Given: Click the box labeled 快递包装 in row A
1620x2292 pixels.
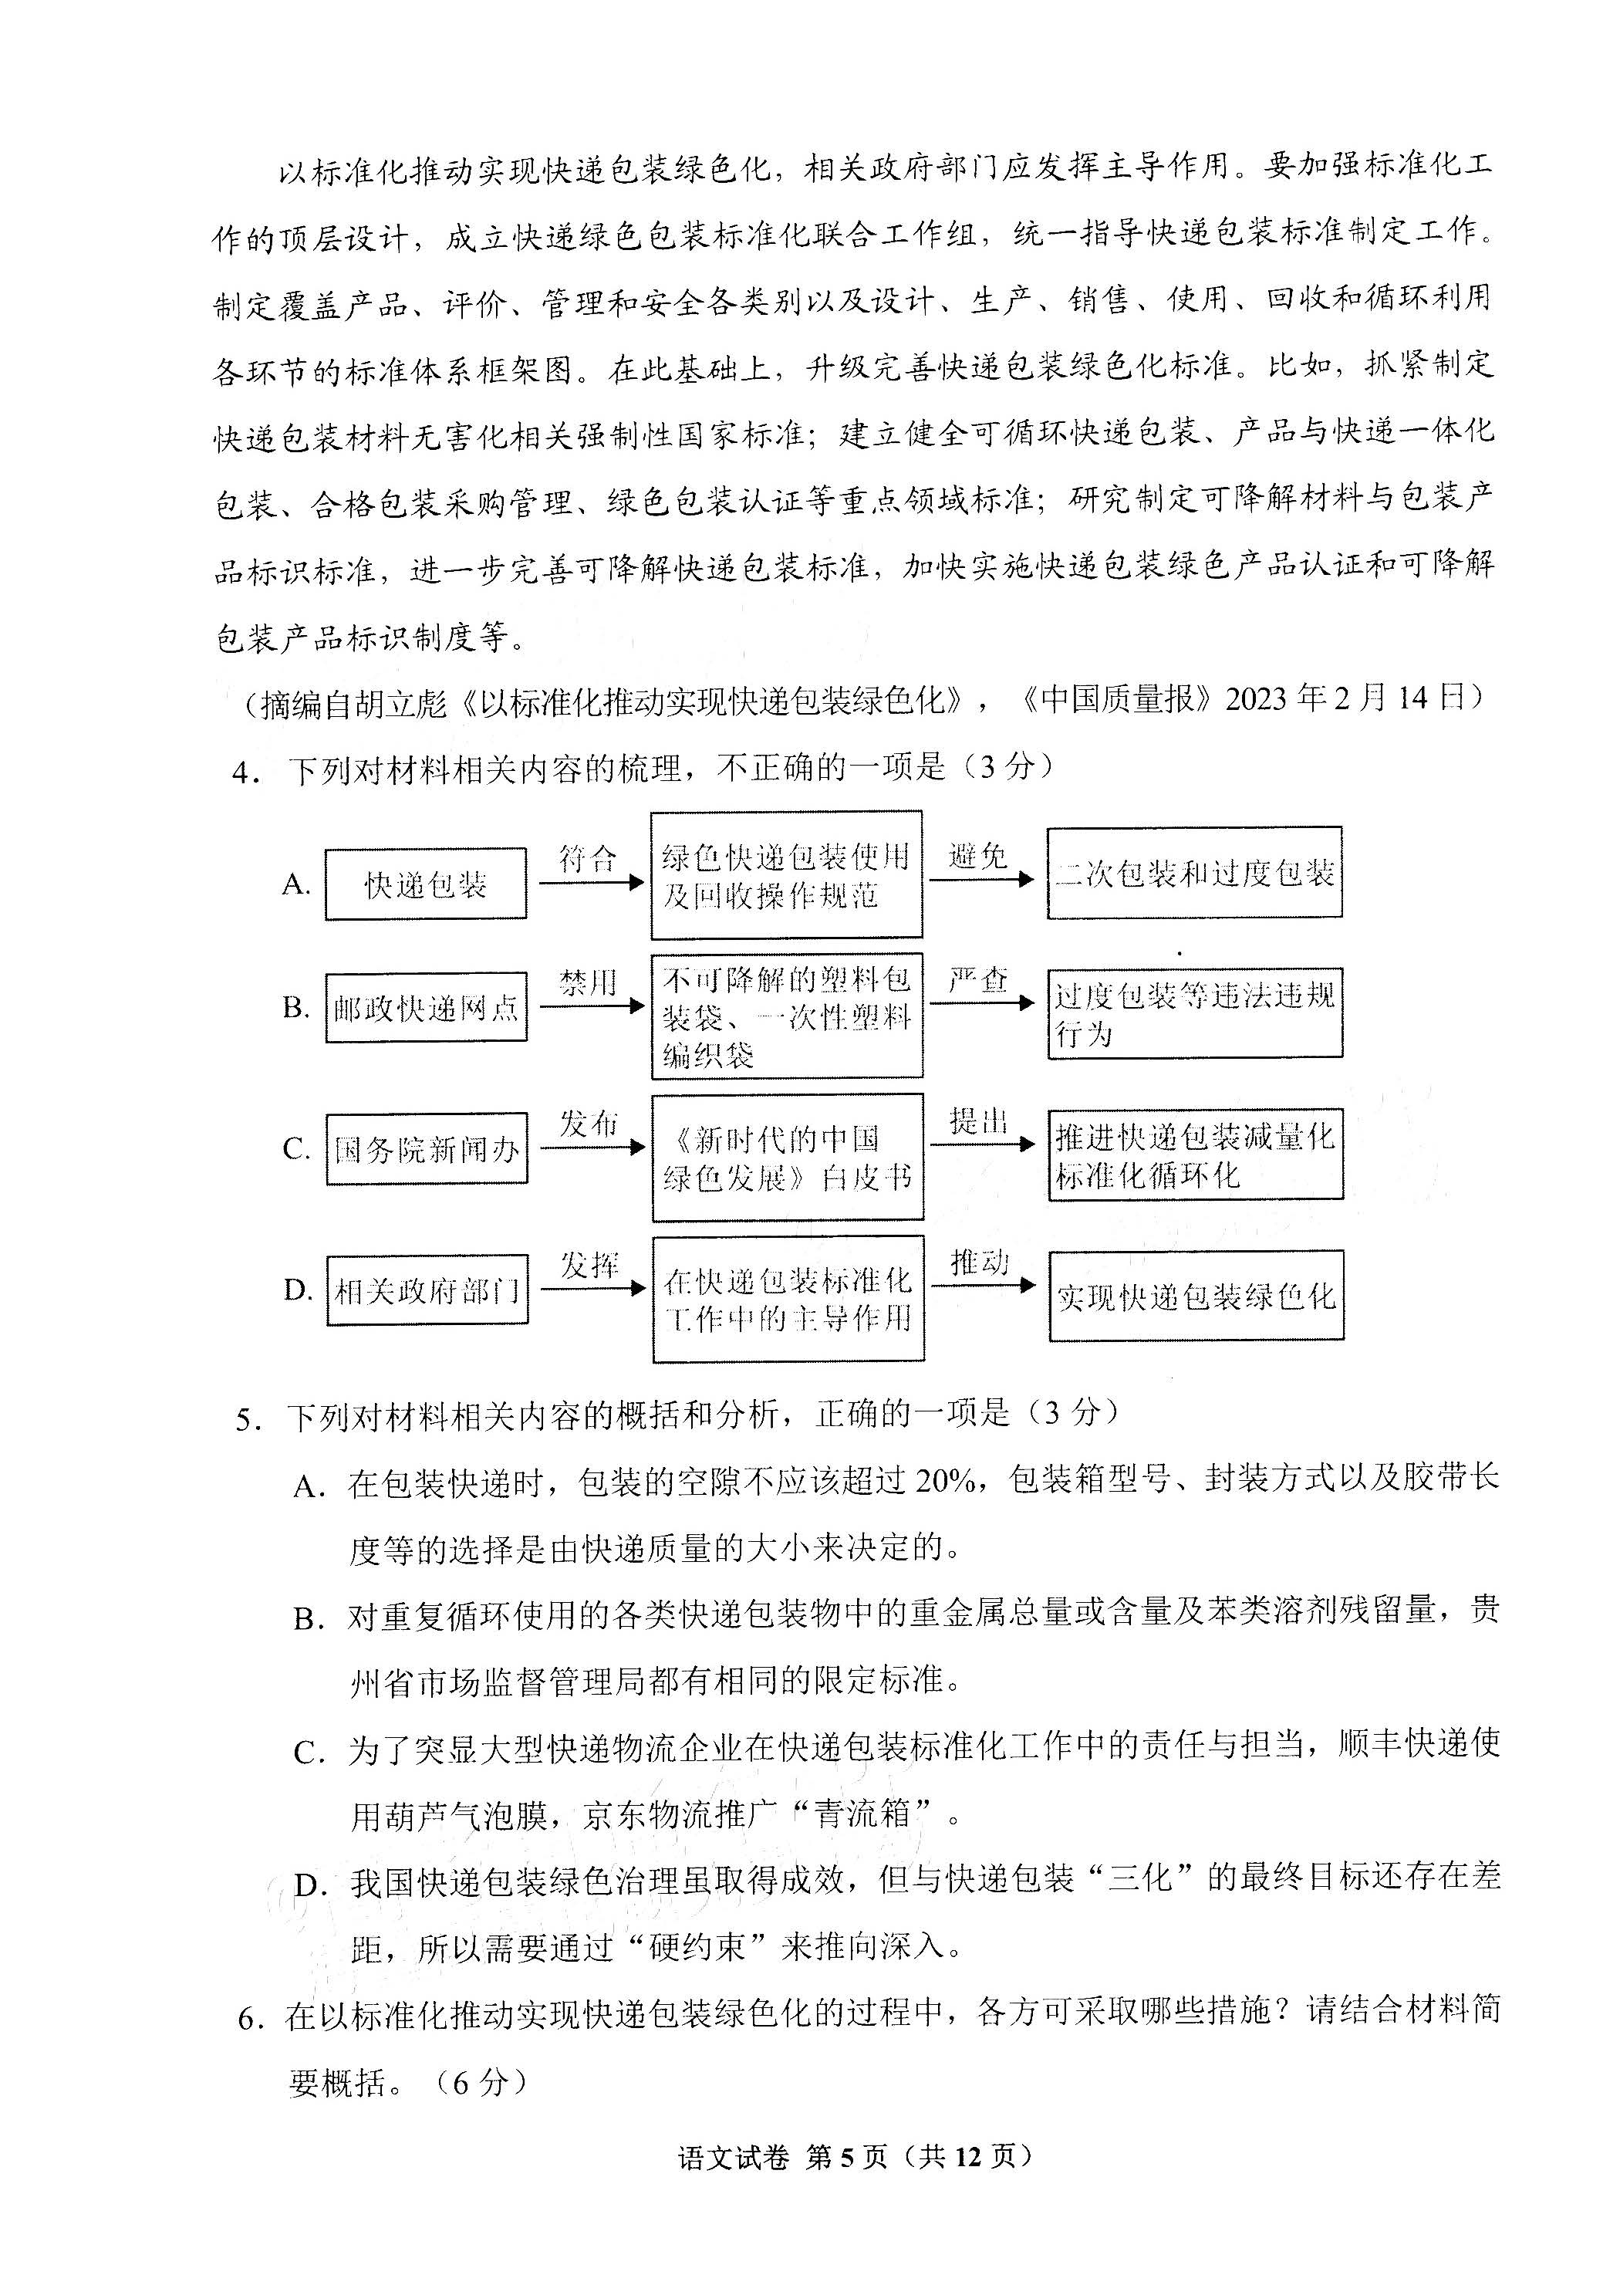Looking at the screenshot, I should pos(425,884).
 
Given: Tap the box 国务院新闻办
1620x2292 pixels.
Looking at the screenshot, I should pos(426,1150).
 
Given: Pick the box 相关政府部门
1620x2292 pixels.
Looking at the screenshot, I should pos(427,1291).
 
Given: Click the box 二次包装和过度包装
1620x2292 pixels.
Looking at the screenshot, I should pos(1194,874).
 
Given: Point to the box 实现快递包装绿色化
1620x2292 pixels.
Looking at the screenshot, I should pos(1196,1296).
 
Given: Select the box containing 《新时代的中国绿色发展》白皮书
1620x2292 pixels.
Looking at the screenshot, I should pos(788,1158).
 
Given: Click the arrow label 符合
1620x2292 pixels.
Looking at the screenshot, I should pos(588,857).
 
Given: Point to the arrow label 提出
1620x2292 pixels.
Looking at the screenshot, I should pos(978,1122).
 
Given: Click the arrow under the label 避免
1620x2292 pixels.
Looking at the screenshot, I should pos(981,881).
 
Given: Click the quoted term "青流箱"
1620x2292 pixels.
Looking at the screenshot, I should pos(862,1814).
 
